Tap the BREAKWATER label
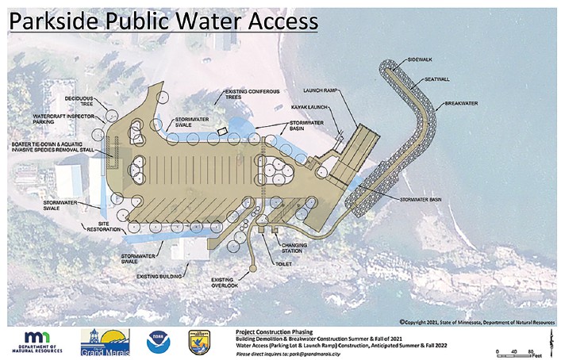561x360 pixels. (463, 103)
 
